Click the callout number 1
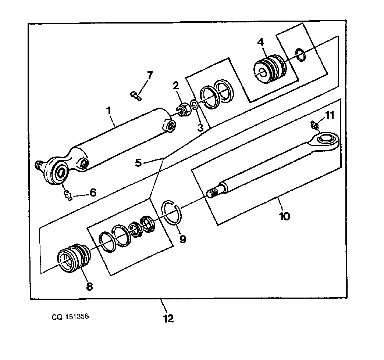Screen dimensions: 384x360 pyautogui.click(x=109, y=111)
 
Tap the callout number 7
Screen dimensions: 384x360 pyautogui.click(x=150, y=75)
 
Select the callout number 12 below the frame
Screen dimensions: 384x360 pyautogui.click(x=168, y=318)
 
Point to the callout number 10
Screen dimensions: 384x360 pyautogui.click(x=285, y=216)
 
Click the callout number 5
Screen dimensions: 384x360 pyautogui.click(x=139, y=163)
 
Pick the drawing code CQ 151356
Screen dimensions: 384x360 pyautogui.click(x=70, y=317)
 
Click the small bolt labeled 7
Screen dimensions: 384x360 pyautogui.click(x=135, y=96)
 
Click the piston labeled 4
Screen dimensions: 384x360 pyautogui.click(x=269, y=69)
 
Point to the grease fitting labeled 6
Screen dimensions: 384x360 pyautogui.click(x=68, y=195)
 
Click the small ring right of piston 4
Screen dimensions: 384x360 pyautogui.click(x=300, y=54)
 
